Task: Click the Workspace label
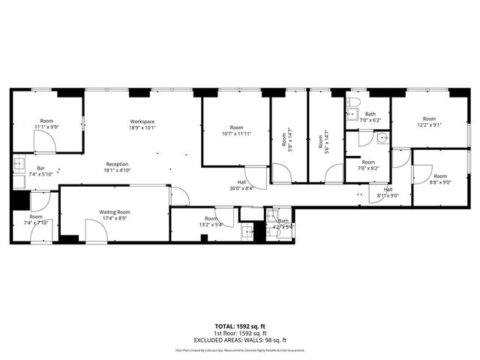click(x=142, y=121)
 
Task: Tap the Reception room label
click(x=116, y=164)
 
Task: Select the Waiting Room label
click(x=115, y=212)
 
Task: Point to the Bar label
click(x=33, y=169)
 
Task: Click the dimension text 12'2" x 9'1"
click(x=428, y=118)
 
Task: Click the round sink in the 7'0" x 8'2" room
click(x=382, y=138)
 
